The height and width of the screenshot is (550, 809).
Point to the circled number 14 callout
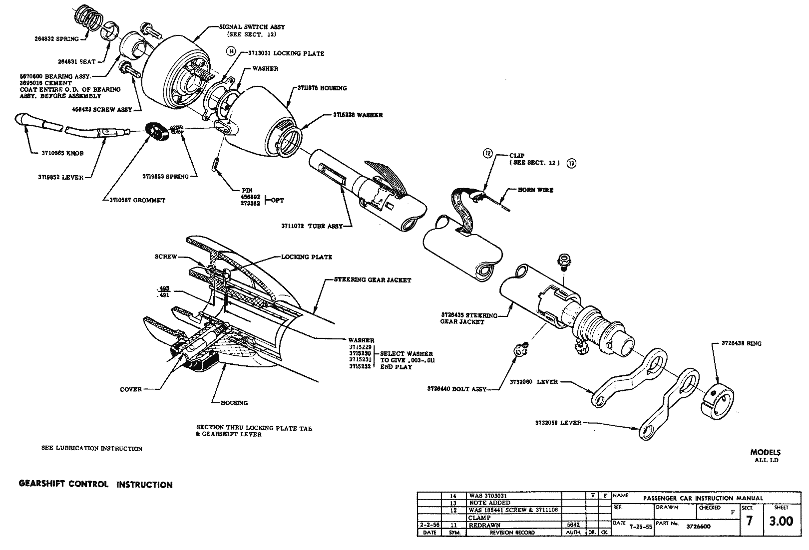coord(230,51)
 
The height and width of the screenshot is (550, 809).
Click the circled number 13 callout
coord(572,163)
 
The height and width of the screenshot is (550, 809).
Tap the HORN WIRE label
coord(535,190)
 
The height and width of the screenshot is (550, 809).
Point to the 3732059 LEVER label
coord(558,423)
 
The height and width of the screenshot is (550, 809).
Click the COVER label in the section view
coord(131,389)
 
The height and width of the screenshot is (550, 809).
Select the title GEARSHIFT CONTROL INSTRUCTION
coord(95,485)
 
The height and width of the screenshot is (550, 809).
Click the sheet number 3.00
coord(781,522)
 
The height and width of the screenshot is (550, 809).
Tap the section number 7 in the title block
coord(749,522)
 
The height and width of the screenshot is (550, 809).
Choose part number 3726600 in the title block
coord(699,526)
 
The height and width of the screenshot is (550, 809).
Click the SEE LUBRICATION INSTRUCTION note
coord(92,449)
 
